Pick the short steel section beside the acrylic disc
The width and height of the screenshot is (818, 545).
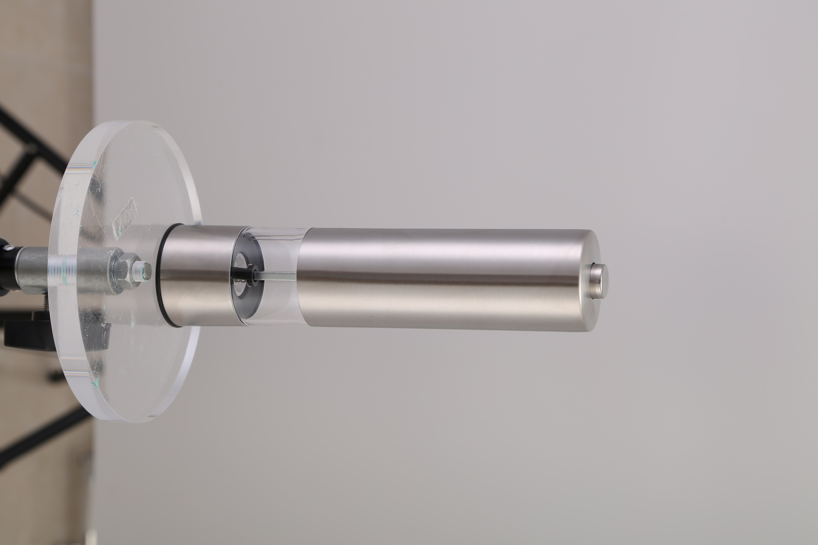click(x=198, y=275)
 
